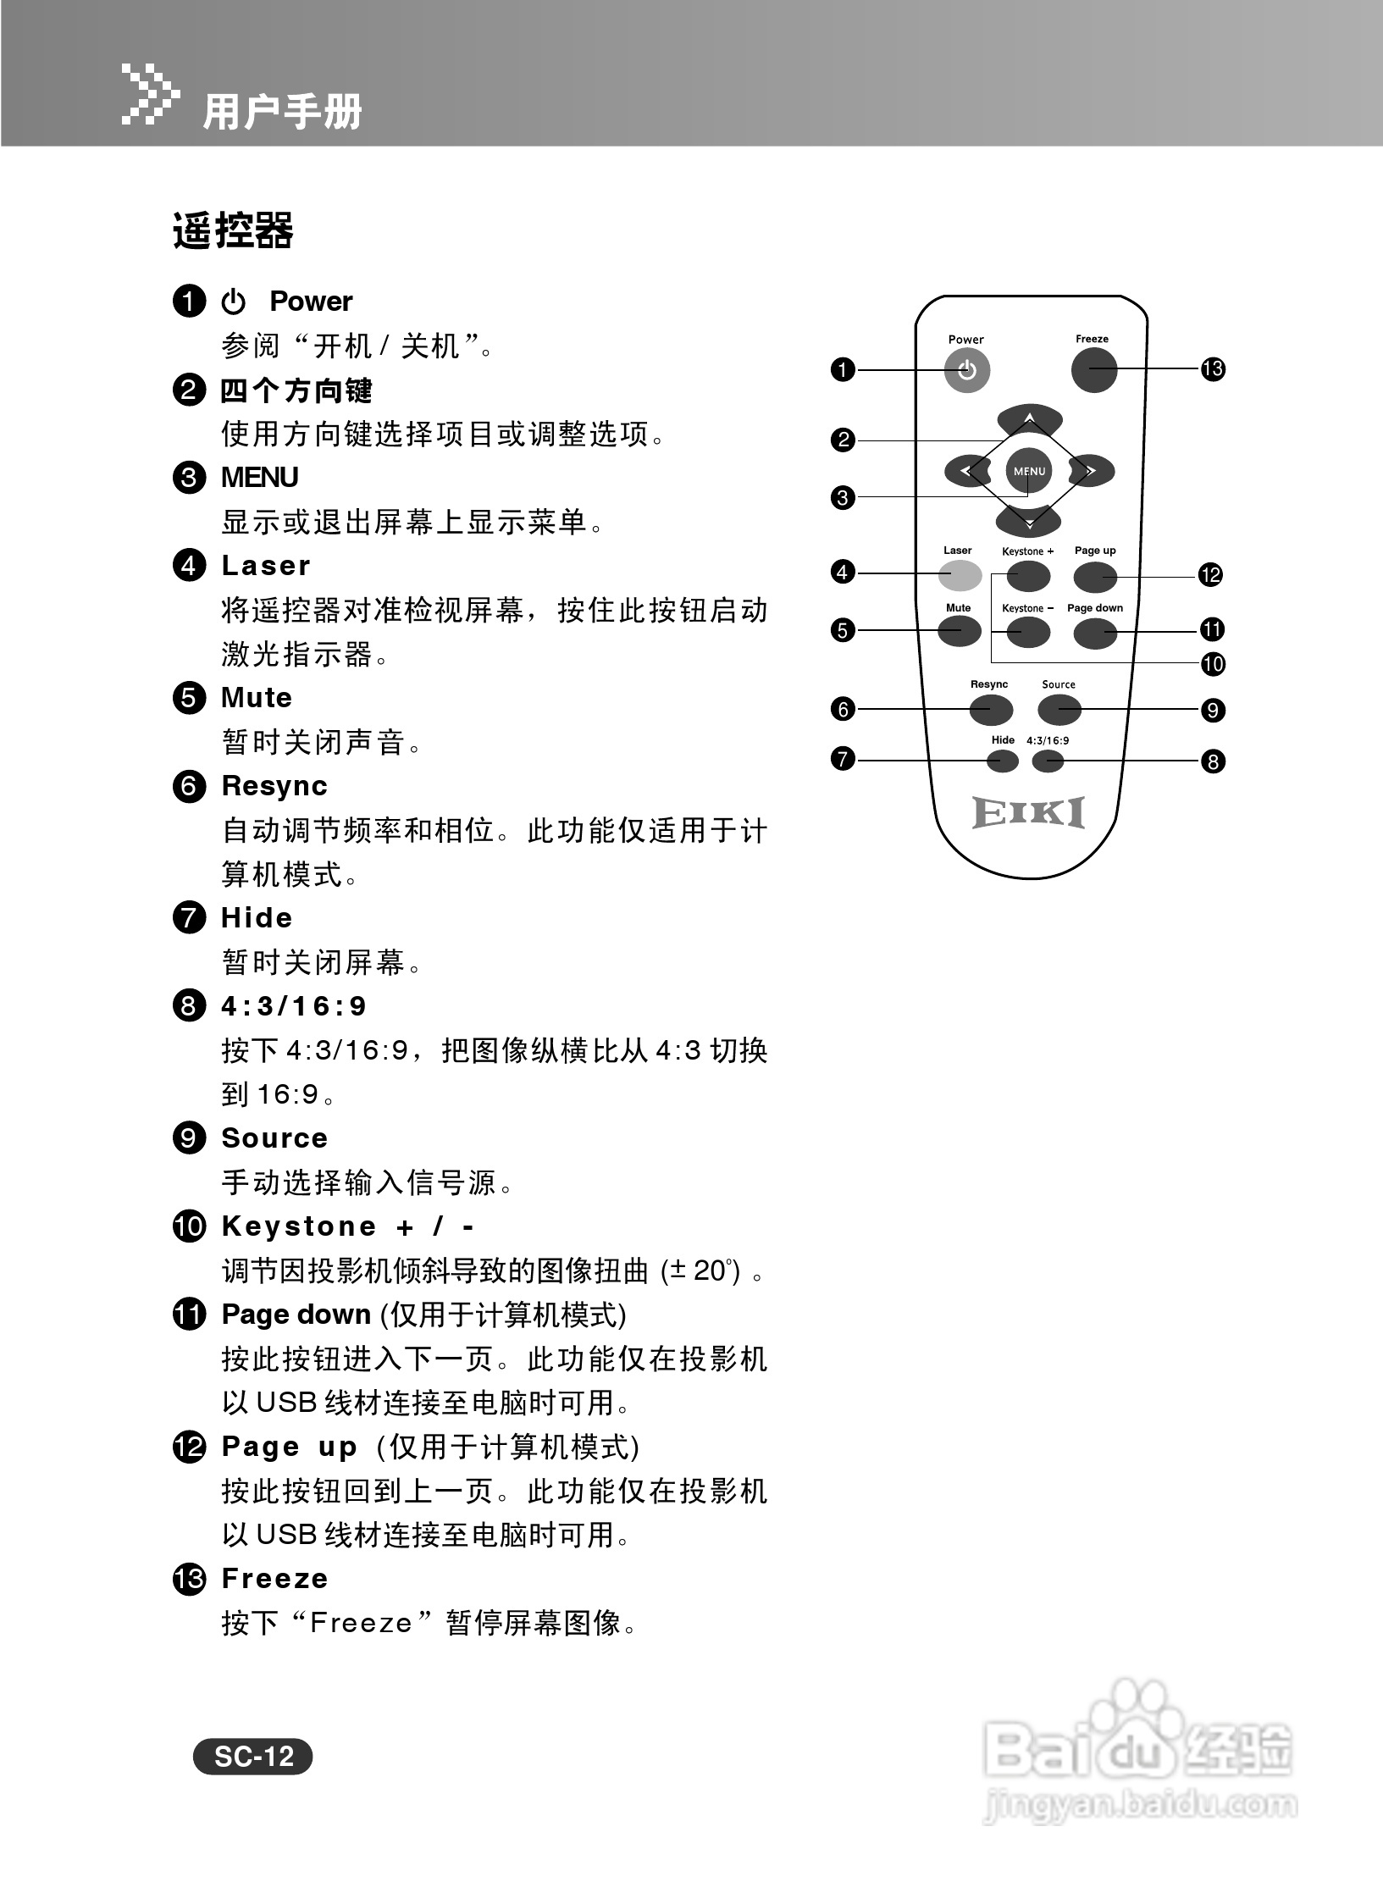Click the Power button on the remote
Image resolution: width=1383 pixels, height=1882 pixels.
coord(966,371)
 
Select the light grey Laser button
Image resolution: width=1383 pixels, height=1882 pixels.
coord(960,575)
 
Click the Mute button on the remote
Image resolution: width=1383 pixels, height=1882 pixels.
coord(959,631)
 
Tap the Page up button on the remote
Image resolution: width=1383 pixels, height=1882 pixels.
coord(1095,577)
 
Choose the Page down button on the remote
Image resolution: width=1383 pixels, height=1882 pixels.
coord(1095,634)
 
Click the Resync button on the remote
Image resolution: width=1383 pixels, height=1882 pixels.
coord(990,710)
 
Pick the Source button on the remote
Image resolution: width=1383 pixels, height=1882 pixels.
coord(1059,710)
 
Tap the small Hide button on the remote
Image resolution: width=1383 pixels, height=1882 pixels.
coord(1003,761)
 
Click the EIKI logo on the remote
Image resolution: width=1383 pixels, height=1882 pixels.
coord(1028,813)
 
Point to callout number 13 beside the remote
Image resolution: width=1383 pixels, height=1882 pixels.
coord(1213,369)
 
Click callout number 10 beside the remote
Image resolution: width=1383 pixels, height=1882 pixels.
coord(1213,664)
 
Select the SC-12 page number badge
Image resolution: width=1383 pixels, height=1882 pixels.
coord(252,1757)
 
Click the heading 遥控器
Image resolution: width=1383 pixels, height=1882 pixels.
coord(233,231)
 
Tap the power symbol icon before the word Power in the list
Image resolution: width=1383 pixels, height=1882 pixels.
coord(233,302)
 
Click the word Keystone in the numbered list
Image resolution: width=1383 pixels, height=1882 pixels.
coord(298,1226)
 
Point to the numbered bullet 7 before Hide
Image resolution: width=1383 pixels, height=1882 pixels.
coord(189,917)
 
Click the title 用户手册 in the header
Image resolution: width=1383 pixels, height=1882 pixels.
coord(282,112)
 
